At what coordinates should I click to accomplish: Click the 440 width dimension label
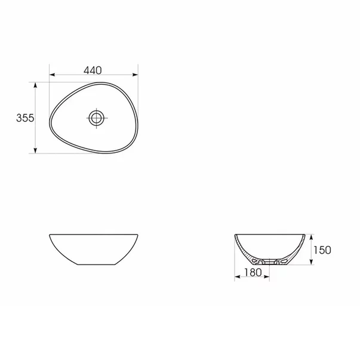[93, 70]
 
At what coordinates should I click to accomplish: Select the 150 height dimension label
[321, 249]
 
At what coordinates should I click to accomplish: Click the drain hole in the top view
[96, 117]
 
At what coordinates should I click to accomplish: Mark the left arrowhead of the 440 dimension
[51, 75]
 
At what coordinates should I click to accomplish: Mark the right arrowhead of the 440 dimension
[138, 75]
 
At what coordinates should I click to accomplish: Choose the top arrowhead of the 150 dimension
[311, 235]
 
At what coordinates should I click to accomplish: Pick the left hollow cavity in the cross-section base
[257, 260]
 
